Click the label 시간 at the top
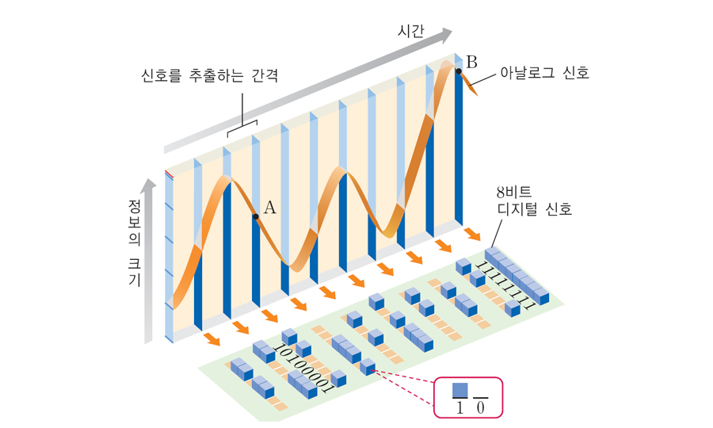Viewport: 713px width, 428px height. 411,32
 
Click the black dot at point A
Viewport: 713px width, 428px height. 255,216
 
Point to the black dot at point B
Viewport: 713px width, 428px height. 459,71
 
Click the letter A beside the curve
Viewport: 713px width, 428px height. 269,208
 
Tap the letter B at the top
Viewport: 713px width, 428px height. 472,61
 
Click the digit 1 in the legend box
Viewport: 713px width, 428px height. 459,407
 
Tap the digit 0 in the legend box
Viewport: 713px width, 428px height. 481,407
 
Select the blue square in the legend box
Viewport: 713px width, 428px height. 460,390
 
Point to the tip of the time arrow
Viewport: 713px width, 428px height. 451,34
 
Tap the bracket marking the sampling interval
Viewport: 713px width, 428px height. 242,125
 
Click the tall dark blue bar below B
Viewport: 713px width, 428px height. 459,151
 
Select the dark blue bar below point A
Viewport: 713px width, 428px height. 256,262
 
